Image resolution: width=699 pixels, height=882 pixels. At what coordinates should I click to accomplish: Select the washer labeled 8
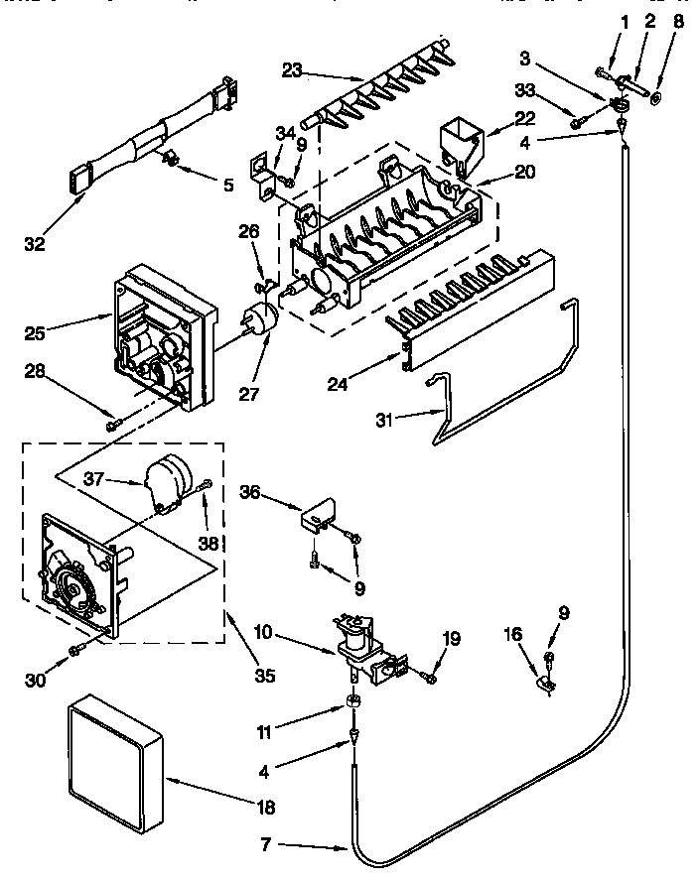[x=656, y=98]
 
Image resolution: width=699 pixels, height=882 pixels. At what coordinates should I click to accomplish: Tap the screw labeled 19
[x=429, y=678]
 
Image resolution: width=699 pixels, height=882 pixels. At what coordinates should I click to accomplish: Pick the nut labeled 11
[x=353, y=702]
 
